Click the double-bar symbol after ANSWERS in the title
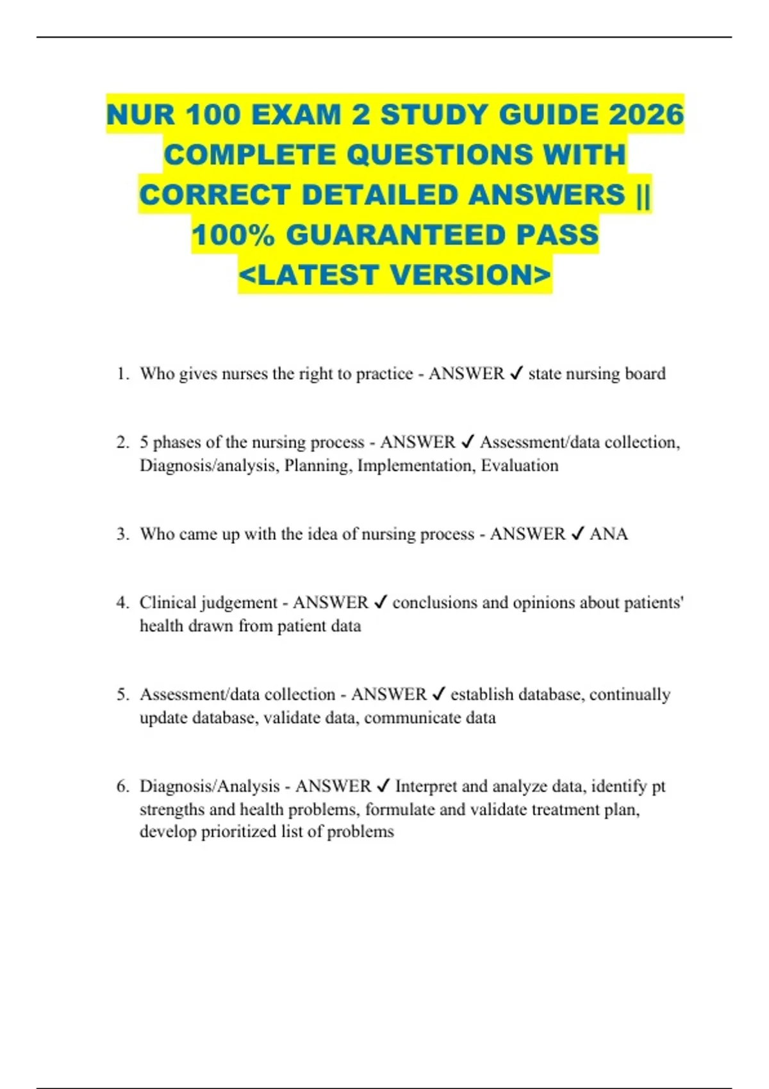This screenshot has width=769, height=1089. coord(643,195)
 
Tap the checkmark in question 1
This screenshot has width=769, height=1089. coord(516,373)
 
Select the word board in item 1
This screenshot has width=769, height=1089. coord(645,373)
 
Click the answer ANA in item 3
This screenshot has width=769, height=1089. coord(608,534)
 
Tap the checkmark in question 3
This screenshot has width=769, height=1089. coord(577,534)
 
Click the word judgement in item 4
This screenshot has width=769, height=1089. coord(239,603)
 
